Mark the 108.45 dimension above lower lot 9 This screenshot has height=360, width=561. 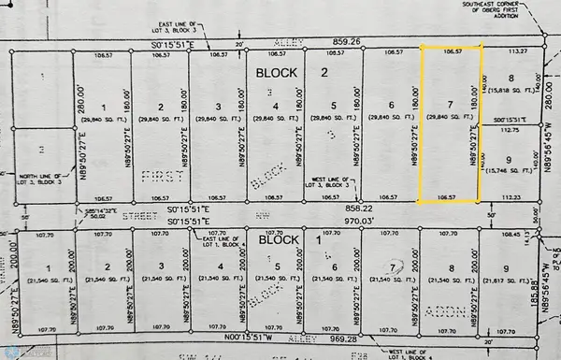click(509, 236)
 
